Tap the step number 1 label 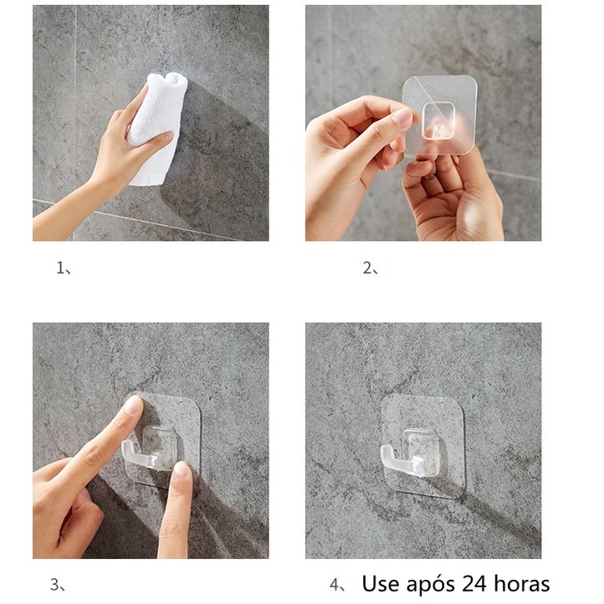coord(64,268)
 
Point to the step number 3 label coord(58,585)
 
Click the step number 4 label coord(337,585)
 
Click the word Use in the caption coord(380,584)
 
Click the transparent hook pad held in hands coord(439,115)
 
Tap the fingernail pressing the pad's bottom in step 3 coord(181,470)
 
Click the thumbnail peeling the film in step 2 coord(402,117)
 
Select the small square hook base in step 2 coord(438,120)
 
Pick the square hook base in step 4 coord(420,447)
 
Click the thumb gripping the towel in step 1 coord(152,140)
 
